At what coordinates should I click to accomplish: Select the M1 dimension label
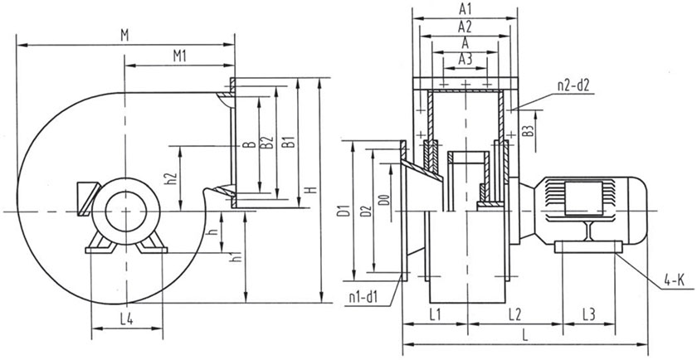click(178, 56)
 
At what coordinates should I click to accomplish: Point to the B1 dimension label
click(289, 142)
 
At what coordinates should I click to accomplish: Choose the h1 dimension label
click(239, 257)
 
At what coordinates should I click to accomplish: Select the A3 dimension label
click(465, 58)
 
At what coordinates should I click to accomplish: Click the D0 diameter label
click(383, 201)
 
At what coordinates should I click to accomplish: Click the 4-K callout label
click(673, 284)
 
